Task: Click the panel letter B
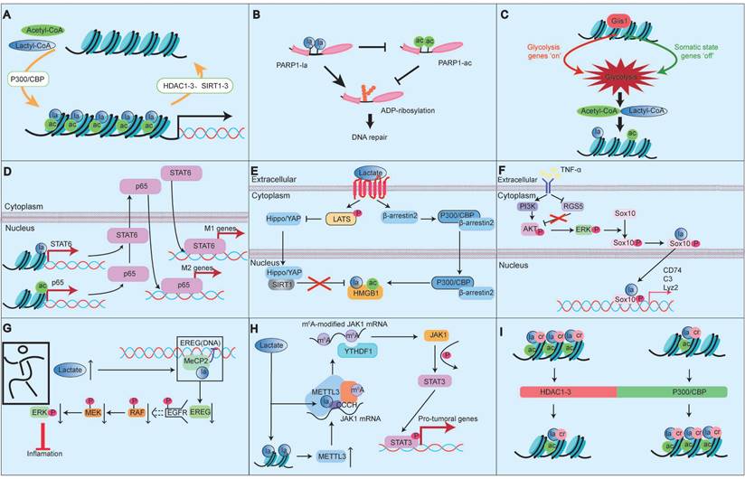(257, 16)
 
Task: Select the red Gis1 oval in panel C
(619, 20)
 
